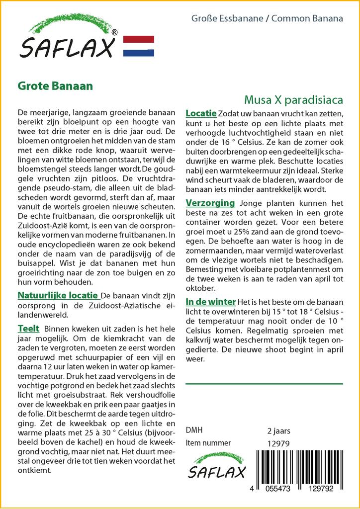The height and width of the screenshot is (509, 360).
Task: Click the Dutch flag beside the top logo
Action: click(138, 46)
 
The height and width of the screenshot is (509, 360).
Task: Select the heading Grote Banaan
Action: click(55, 85)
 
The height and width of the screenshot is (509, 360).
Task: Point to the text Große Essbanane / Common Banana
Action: click(267, 19)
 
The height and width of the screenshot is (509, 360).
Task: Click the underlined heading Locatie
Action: click(201, 113)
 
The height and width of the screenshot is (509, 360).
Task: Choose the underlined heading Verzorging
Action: click(210, 203)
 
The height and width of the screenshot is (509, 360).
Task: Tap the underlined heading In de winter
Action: click(211, 301)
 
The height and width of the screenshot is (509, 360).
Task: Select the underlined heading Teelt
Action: click(28, 329)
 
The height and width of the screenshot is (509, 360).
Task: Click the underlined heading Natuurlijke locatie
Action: click(58, 295)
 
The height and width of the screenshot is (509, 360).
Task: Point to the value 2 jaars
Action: click(278, 430)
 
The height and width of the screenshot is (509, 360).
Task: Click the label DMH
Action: click(194, 430)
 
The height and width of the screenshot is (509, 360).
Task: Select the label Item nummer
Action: click(208, 443)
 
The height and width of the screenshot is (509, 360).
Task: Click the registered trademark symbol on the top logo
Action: click(115, 32)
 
